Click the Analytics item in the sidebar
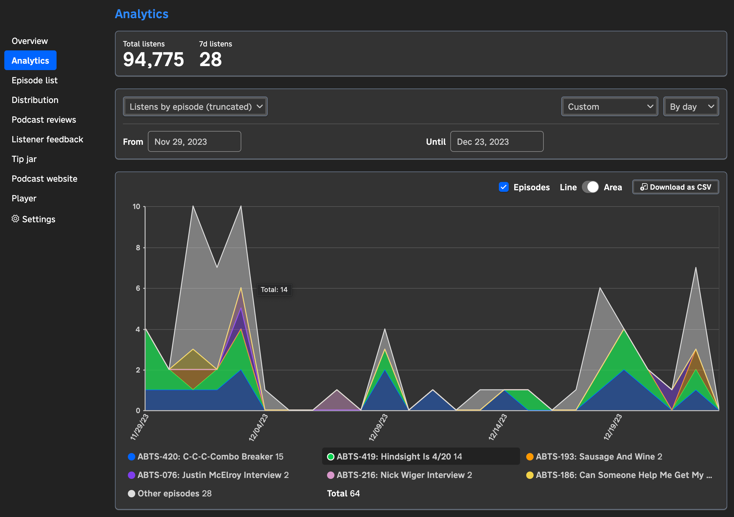(30, 61)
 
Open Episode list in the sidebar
(34, 80)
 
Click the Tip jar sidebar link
(24, 159)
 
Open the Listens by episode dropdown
(195, 106)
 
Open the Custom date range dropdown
(609, 106)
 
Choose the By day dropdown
(691, 106)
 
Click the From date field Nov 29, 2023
(194, 142)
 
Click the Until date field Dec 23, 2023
(496, 142)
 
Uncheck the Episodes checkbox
(503, 187)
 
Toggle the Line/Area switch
(590, 187)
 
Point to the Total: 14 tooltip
(274, 290)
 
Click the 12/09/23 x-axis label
(378, 427)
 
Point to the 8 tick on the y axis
(138, 247)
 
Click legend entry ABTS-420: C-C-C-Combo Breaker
(210, 456)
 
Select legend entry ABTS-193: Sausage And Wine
(598, 456)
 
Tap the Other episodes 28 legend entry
(174, 493)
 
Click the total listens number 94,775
(153, 59)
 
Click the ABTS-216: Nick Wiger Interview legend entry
(404, 475)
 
